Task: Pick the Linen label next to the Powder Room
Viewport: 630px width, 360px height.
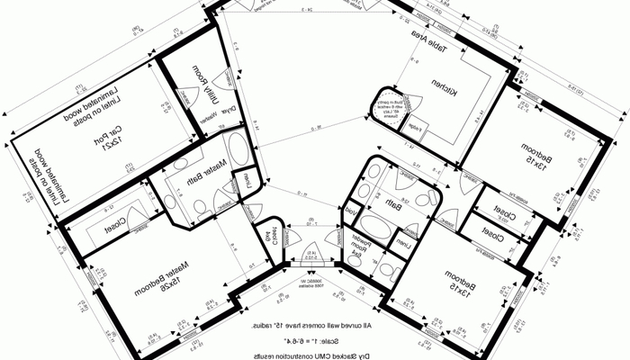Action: pos(406,244)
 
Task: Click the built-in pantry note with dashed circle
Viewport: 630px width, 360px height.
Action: pos(387,105)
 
